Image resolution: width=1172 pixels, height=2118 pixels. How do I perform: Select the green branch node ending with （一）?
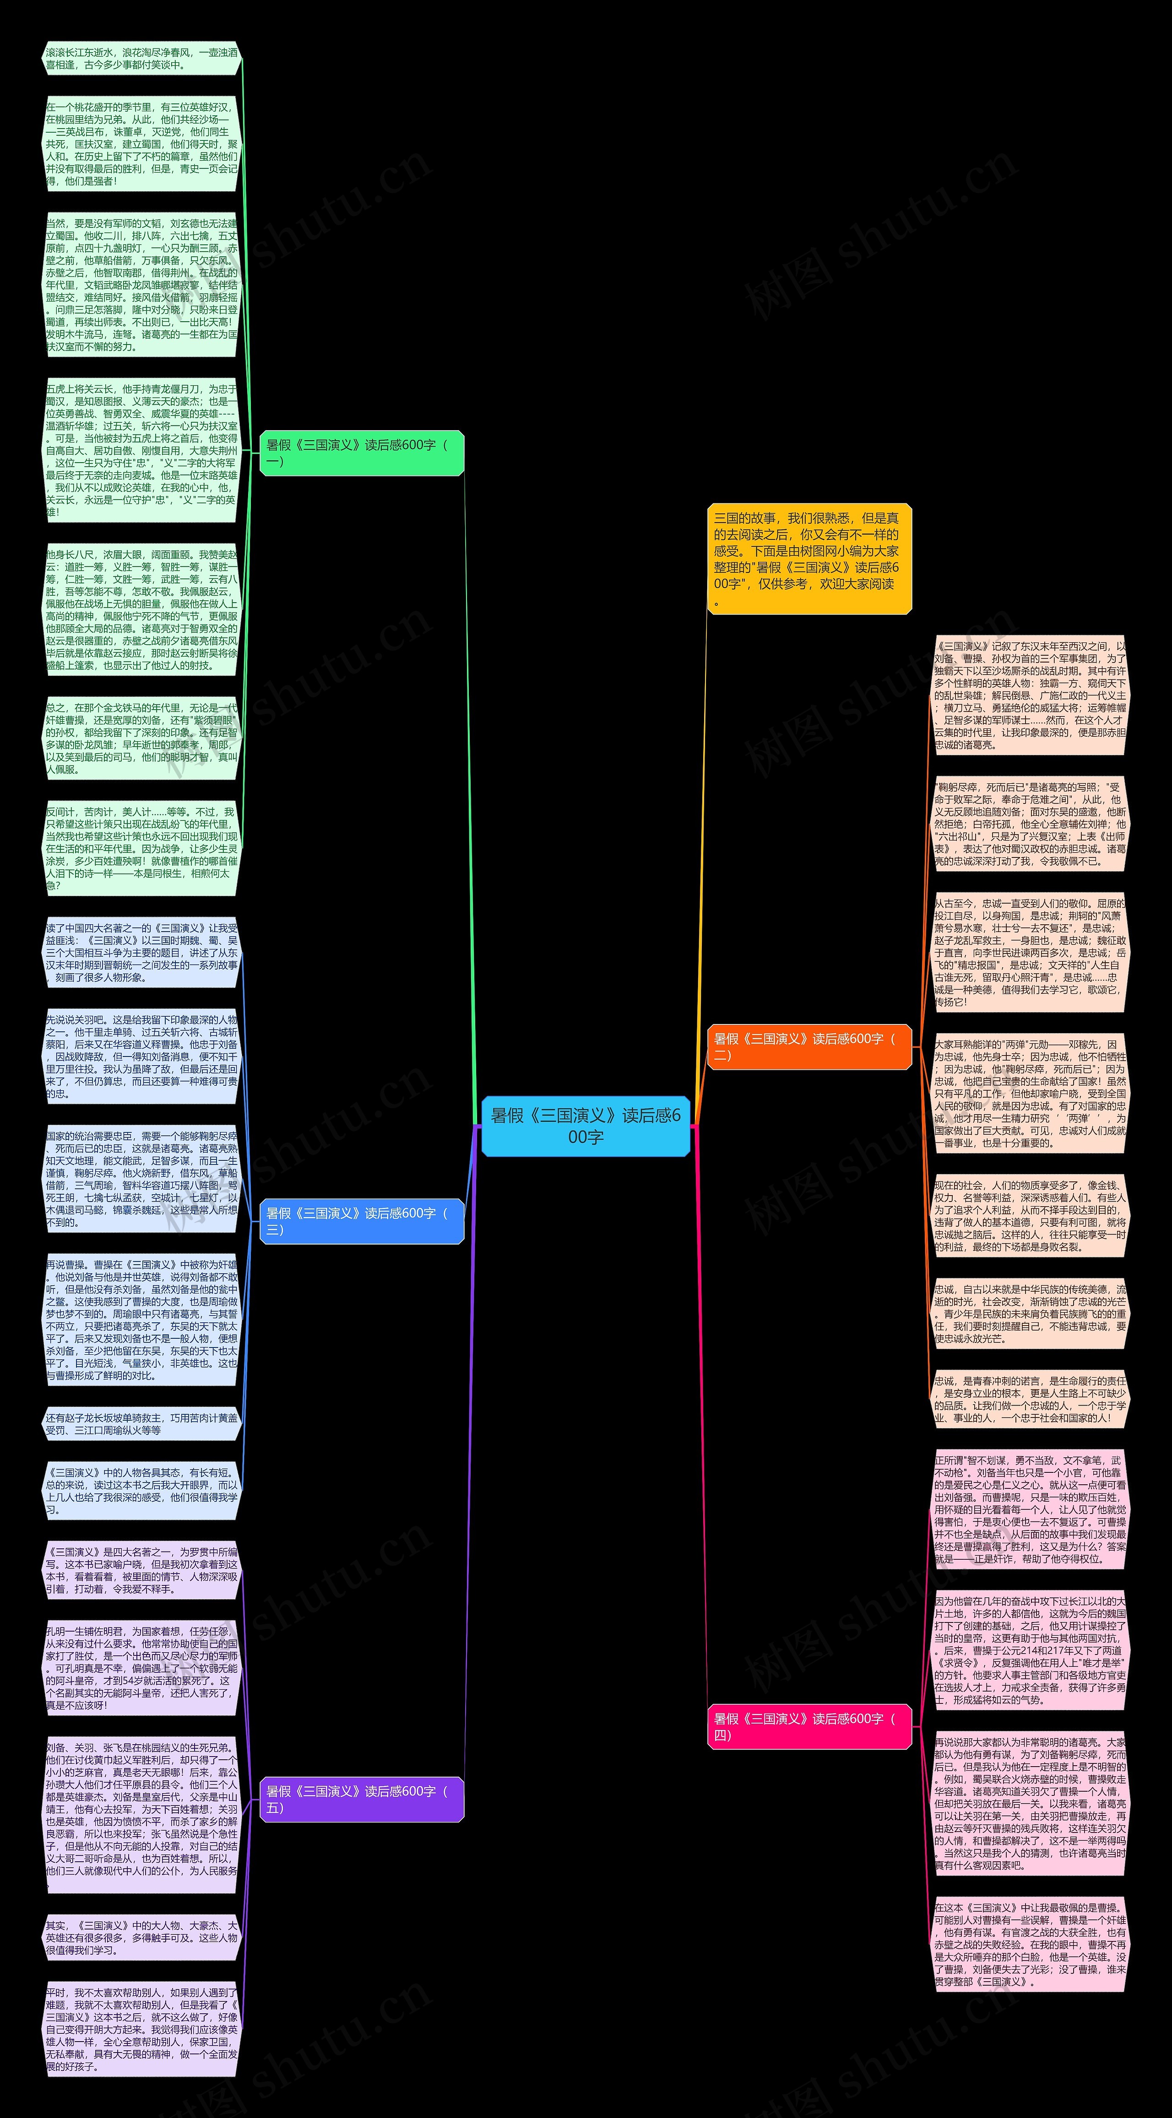click(x=362, y=452)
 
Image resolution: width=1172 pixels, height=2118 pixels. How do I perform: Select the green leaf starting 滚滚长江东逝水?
click(x=141, y=59)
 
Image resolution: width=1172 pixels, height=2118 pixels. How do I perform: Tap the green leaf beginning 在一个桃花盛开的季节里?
click(x=141, y=144)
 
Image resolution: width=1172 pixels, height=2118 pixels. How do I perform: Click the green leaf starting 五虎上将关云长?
click(x=141, y=450)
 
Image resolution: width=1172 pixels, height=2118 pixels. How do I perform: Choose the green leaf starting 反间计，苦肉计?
click(x=141, y=848)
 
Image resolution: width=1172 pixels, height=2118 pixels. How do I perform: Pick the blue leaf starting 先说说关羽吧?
click(x=141, y=1056)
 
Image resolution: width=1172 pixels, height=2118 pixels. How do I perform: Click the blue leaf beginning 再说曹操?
click(x=141, y=1320)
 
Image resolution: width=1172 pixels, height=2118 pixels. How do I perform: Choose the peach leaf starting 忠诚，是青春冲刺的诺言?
click(x=1030, y=1399)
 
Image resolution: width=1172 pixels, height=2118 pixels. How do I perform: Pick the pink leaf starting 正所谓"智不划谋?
click(x=1030, y=1509)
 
